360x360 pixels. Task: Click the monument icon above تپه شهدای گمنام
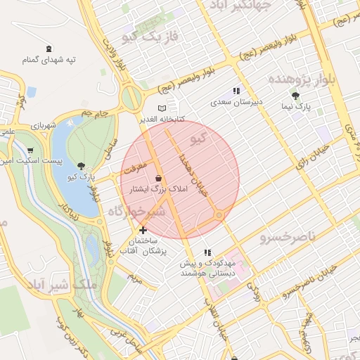click(48, 49)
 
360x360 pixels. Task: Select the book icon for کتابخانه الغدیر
click(162, 108)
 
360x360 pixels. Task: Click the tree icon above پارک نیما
click(295, 96)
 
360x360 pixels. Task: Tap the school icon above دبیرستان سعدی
click(236, 91)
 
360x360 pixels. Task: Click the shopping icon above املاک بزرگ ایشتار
click(159, 179)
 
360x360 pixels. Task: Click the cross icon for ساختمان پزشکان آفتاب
click(143, 230)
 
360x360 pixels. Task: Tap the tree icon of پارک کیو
click(82, 166)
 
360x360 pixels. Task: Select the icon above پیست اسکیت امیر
click(30, 150)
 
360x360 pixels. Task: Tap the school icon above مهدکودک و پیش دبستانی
click(207, 252)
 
